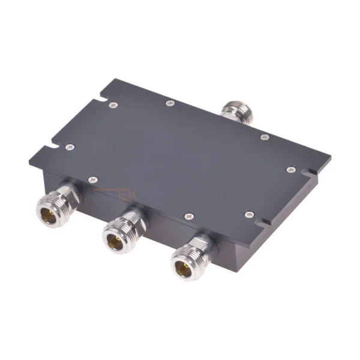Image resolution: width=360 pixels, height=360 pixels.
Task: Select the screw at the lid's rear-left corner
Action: click(x=114, y=106)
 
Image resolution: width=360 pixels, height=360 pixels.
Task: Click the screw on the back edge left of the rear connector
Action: click(x=170, y=103)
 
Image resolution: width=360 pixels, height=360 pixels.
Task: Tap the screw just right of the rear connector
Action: click(x=265, y=137)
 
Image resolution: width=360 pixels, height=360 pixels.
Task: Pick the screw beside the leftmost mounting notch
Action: click(x=70, y=147)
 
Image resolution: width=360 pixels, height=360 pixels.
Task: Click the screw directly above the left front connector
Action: click(x=92, y=179)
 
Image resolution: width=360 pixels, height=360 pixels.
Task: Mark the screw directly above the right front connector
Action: click(x=189, y=214)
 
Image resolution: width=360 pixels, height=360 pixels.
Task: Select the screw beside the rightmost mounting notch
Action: click(x=291, y=170)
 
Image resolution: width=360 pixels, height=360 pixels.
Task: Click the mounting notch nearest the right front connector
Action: click(x=264, y=223)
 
